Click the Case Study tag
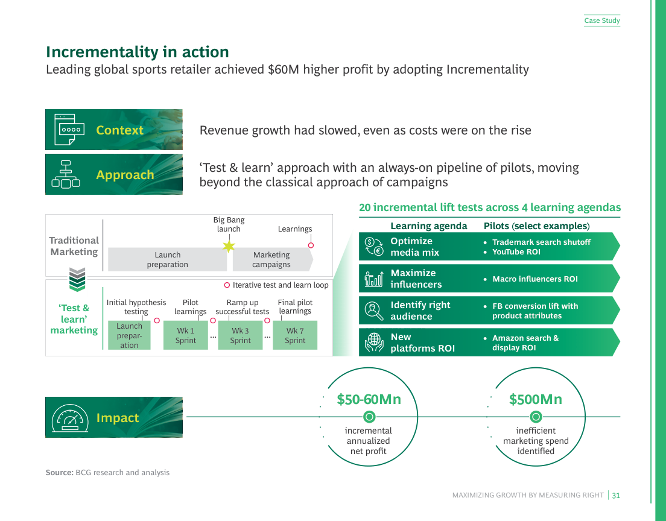601,21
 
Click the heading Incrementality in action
138,52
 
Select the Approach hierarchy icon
66,175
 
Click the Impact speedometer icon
69,417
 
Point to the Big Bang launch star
229,246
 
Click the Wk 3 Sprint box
240,335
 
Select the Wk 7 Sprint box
295,335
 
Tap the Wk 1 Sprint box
186,335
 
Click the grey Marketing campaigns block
271,259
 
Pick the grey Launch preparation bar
167,259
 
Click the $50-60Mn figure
369,399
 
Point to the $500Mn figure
536,399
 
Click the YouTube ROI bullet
516,252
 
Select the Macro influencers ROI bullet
534,279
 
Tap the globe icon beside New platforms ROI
374,343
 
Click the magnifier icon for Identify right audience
374,311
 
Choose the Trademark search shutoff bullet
541,242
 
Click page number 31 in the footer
616,495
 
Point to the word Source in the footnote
59,473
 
